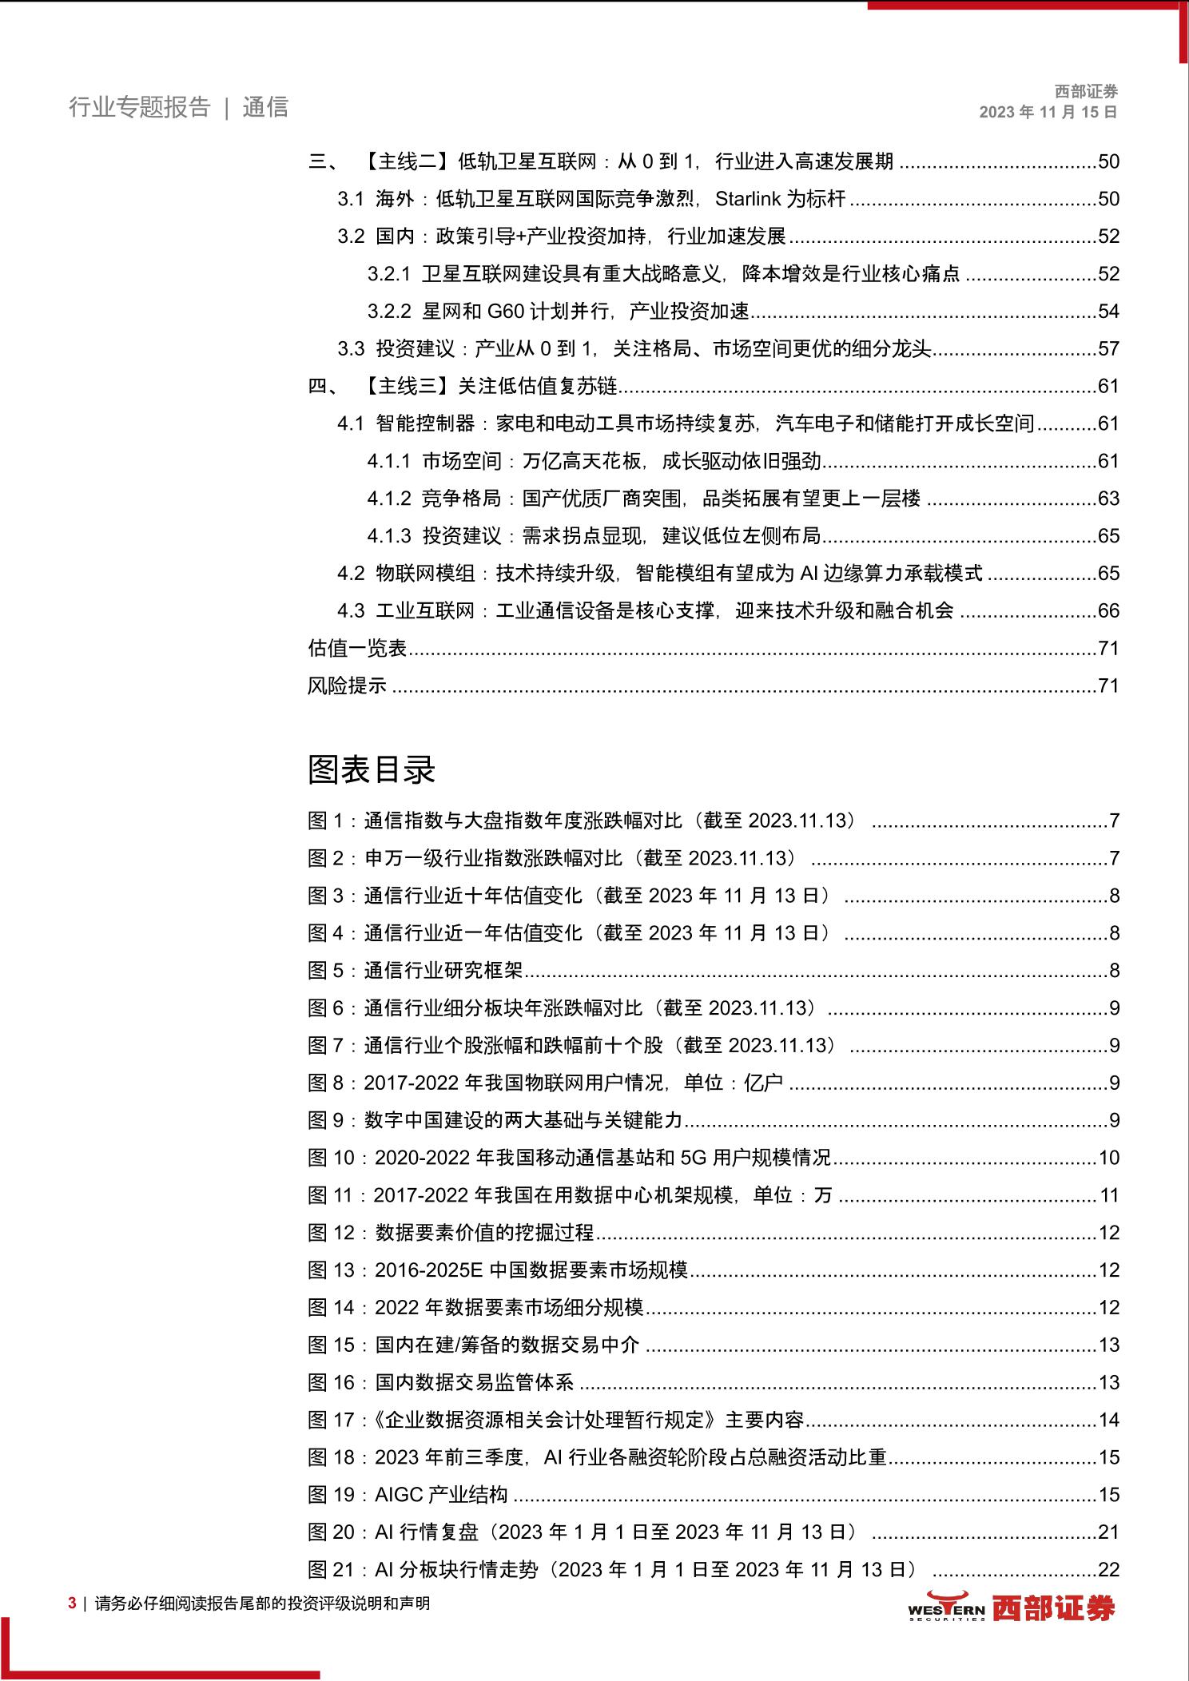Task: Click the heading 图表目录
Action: click(372, 769)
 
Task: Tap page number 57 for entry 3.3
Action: click(1108, 348)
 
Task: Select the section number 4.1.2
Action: click(389, 499)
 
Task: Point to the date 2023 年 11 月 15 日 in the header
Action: click(1048, 112)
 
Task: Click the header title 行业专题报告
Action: click(139, 107)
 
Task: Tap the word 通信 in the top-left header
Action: click(265, 107)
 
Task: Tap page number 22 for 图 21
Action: click(1108, 1569)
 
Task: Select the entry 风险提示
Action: click(347, 686)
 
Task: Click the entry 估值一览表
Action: click(357, 648)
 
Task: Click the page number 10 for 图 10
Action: click(1108, 1158)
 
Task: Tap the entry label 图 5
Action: click(325, 971)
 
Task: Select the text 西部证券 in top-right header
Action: click(1085, 92)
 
